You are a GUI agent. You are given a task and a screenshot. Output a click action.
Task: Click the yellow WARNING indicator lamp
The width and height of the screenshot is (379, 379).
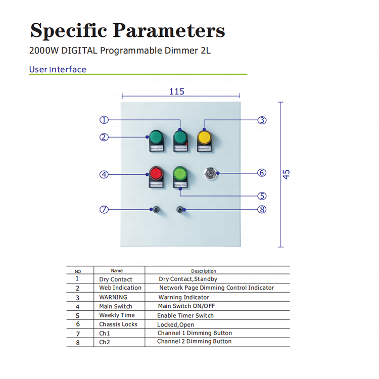(204, 137)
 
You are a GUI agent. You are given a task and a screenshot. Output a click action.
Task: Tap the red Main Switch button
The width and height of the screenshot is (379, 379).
(156, 175)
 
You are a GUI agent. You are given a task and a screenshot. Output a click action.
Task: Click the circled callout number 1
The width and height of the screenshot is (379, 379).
(104, 120)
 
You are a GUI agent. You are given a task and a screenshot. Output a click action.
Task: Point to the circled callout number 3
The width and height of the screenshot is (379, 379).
(262, 120)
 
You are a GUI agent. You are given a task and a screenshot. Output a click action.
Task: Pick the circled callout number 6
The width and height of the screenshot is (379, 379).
(262, 173)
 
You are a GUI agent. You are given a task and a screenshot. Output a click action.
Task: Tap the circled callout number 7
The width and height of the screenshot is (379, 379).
(104, 210)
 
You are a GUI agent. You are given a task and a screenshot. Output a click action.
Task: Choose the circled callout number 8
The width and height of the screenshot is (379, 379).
(262, 210)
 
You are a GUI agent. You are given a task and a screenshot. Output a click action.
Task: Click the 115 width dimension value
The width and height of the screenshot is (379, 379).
(176, 91)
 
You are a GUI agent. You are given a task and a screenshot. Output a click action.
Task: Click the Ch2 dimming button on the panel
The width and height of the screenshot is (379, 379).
(180, 209)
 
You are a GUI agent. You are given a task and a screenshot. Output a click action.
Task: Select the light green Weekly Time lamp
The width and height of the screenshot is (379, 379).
(180, 175)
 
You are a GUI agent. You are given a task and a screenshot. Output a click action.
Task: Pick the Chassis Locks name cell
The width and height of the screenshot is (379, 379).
(118, 324)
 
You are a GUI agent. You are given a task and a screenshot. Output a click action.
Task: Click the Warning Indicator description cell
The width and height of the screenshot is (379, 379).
(183, 297)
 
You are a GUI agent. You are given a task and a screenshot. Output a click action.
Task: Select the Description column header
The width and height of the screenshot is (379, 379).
(203, 271)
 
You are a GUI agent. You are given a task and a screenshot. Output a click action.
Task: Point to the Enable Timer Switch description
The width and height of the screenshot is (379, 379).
(185, 315)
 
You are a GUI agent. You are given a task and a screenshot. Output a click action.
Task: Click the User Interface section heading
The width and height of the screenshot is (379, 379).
(58, 70)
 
